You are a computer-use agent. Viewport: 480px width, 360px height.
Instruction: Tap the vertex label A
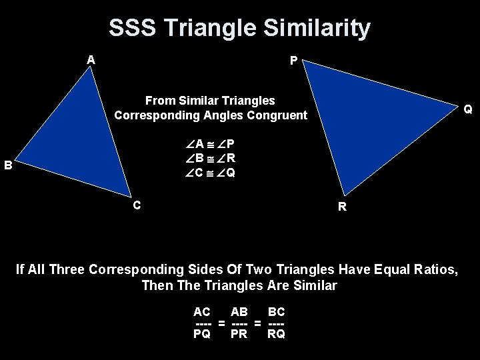pos(91,60)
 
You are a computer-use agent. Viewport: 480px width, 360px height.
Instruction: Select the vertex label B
pos(8,165)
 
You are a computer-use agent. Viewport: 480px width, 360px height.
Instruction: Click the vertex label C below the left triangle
pos(136,205)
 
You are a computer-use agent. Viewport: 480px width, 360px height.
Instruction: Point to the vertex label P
pos(293,61)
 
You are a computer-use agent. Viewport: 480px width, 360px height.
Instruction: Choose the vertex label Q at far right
pos(468,109)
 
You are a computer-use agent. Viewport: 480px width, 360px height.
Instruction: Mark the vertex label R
pos(342,207)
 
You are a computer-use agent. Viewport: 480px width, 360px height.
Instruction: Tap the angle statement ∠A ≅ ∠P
pos(211,144)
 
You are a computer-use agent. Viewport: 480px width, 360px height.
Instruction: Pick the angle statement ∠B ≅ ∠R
pos(211,159)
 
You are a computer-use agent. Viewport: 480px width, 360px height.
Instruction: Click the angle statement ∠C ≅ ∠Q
pos(211,173)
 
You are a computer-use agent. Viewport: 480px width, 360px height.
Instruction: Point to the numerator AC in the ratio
pos(202,311)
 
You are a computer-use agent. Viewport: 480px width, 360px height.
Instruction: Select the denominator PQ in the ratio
pos(202,334)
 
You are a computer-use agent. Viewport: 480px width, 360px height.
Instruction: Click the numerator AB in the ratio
pos(239,311)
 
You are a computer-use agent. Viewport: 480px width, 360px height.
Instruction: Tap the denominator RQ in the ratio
pos(276,334)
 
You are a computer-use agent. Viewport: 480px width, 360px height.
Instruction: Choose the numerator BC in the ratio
pos(276,311)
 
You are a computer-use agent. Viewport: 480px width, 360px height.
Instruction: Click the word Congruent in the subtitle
pos(279,115)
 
